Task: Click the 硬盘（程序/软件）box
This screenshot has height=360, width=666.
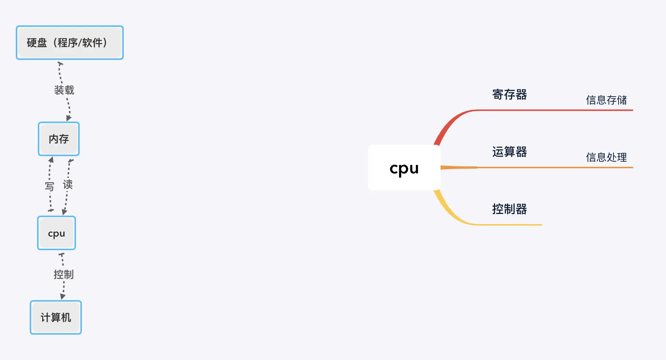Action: point(70,43)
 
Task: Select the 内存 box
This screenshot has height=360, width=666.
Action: point(59,139)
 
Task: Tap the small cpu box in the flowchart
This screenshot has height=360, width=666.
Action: point(57,233)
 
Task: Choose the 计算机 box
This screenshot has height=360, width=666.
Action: point(56,317)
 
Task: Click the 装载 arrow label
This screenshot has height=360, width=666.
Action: point(64,90)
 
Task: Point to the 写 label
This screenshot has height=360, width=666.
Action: point(49,186)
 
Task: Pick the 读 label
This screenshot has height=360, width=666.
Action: point(68,184)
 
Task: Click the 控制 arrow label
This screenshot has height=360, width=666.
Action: point(64,274)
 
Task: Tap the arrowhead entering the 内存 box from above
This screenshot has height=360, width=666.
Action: point(69,118)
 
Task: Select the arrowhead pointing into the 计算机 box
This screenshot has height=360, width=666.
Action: point(63,296)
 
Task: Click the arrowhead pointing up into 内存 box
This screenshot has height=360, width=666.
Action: point(51,160)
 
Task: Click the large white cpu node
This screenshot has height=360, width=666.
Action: point(404,168)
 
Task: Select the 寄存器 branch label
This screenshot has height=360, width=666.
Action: point(509,94)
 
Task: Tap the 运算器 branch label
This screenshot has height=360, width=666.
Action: point(509,152)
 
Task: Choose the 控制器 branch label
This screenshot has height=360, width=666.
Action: point(509,209)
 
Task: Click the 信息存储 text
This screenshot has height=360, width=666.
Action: point(606,100)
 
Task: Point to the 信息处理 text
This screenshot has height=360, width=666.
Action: point(606,157)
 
